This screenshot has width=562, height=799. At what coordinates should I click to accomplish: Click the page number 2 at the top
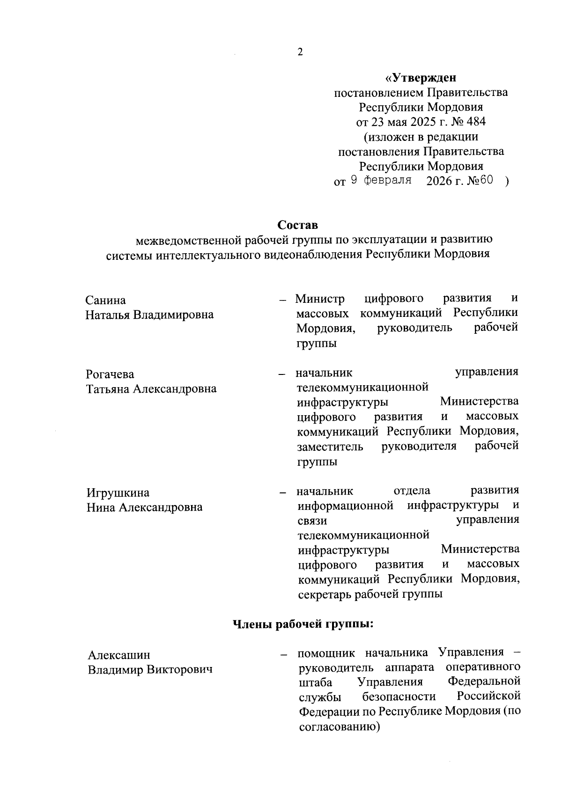300,52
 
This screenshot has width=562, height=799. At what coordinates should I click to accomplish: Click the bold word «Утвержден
420,77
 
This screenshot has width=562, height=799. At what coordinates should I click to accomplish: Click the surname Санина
106,300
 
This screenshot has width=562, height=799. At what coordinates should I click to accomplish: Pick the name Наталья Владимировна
149,315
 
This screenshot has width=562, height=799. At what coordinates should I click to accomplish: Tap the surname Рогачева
110,374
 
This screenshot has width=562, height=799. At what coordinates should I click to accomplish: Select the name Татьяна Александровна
151,389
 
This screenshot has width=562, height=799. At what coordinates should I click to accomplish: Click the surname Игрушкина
118,493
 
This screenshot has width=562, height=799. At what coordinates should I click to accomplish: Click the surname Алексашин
119,655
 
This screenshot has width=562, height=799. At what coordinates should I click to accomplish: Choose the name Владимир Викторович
150,670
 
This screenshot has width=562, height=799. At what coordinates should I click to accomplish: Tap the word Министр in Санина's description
320,299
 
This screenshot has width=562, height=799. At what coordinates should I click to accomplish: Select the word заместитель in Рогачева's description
330,447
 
